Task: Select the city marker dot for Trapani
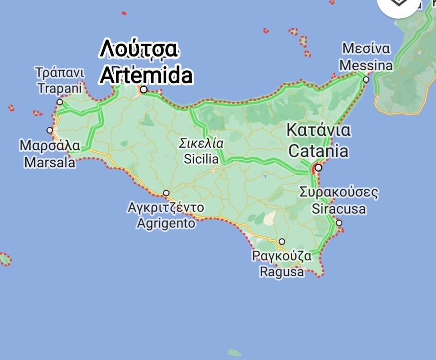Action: coord(60,102)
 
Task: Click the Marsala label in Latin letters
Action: coord(50,162)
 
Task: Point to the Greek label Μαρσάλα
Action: coord(50,146)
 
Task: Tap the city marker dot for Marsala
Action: coord(50,130)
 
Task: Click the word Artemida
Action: coord(146,76)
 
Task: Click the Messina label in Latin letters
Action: coord(366,66)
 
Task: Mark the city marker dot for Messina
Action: coord(366,80)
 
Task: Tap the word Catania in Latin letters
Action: coord(318,151)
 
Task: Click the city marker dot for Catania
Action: coord(319,168)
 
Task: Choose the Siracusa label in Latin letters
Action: coord(339,209)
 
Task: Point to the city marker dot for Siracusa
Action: coord(339,223)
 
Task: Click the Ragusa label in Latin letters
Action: coord(282,272)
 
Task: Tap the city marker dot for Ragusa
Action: coord(282,242)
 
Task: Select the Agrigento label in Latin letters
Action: coord(166,223)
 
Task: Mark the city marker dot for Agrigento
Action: coord(166,193)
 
